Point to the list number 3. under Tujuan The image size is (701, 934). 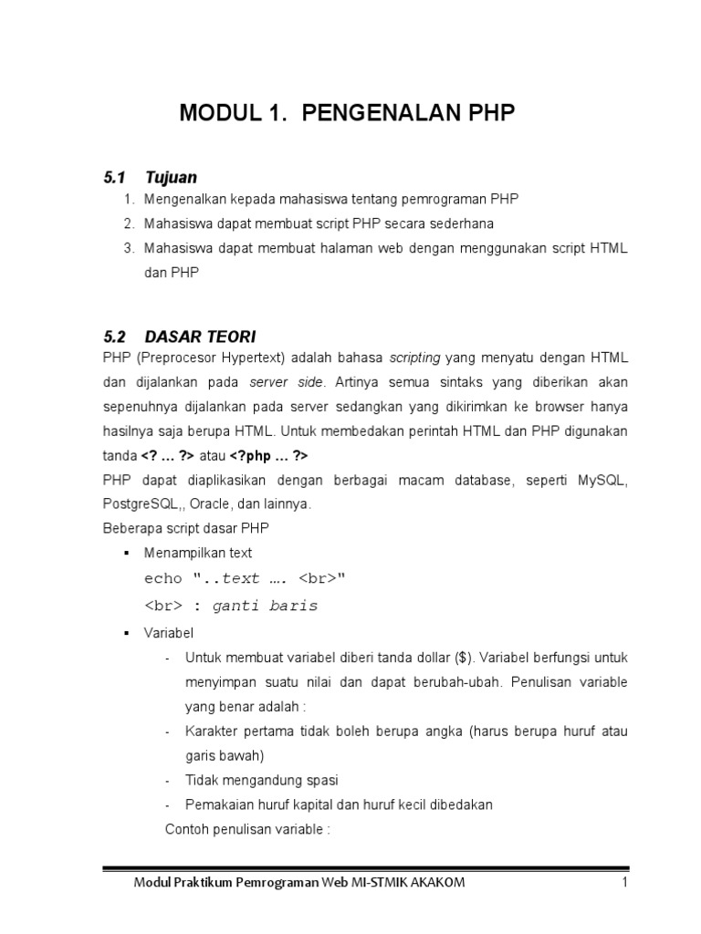coord(127,248)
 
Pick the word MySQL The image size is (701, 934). coord(602,479)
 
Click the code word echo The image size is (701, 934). coord(163,578)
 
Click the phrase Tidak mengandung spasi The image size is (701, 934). coord(261,780)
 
